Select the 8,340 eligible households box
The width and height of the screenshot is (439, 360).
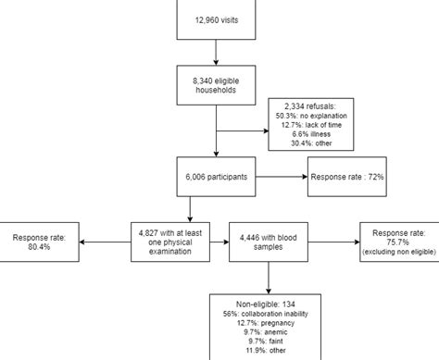[x=215, y=86]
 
